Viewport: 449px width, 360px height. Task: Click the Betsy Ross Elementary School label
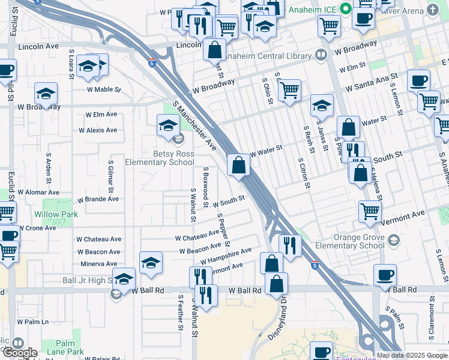(160, 157)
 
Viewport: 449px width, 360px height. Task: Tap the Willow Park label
(55, 214)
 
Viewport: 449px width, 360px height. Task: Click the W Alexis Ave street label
(98, 130)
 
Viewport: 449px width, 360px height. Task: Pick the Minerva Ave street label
(100, 264)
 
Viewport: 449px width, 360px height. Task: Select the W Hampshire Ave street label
(226, 256)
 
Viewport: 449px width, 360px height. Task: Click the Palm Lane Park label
(67, 347)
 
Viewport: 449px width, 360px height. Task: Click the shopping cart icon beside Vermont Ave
(370, 211)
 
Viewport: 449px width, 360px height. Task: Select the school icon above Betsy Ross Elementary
(169, 126)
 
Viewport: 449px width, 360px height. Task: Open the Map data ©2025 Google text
(411, 355)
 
